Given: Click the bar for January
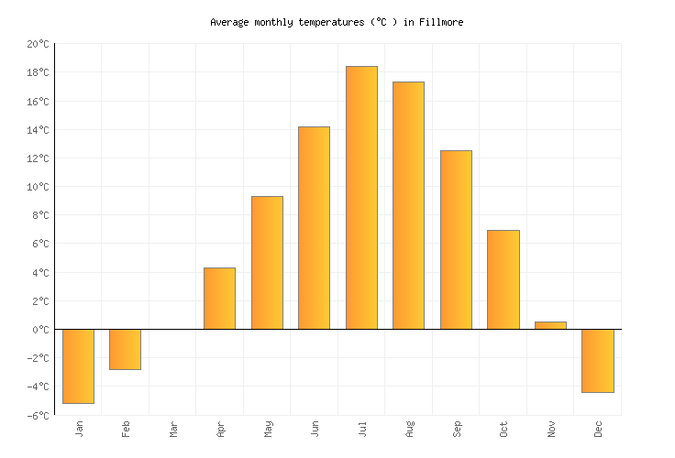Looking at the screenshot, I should coord(78,365).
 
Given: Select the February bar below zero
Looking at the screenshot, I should coord(125,349).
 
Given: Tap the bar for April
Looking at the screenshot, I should coord(219,298).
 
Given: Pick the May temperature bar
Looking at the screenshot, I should coord(267,262).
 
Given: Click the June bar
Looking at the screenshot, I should coord(314,227).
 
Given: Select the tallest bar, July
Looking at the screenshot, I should coord(361,197).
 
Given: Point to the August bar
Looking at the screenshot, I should coord(408,205).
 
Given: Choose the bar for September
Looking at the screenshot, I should coord(456,239).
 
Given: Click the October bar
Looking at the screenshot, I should coord(503,279).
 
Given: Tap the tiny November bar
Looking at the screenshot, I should coord(550,325).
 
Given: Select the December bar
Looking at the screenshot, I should coord(597,360).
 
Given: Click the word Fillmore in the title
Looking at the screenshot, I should coord(442,22).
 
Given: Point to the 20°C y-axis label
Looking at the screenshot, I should coord(38,44).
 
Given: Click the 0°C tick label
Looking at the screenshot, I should coord(40,330).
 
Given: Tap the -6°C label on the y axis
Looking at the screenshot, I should coord(38,415).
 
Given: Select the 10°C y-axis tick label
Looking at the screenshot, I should coord(38,187).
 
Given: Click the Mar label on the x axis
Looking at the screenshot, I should coord(172,428).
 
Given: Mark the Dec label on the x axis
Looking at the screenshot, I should coord(597,428).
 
